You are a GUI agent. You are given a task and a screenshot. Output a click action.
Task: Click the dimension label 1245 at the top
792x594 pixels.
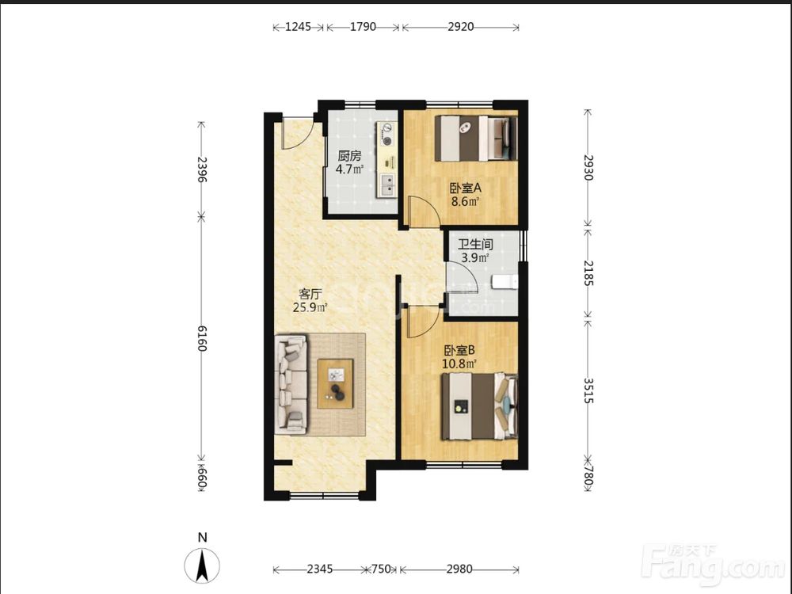298,27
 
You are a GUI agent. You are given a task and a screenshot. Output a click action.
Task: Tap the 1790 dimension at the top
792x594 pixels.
364,27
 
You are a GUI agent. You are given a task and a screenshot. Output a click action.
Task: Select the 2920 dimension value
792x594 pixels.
461,27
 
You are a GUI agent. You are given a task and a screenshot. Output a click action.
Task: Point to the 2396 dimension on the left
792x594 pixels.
201,169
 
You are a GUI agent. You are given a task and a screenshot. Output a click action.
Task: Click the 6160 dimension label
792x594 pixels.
201,338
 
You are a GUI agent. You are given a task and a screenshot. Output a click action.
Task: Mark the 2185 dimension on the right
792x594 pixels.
588,272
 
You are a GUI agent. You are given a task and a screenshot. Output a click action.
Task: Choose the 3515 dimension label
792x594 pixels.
588,390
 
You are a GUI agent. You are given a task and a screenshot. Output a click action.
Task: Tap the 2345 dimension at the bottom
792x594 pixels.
320,569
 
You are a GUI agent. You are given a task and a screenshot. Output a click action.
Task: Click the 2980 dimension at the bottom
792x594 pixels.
459,569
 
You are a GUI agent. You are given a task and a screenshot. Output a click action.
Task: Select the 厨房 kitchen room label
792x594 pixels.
349,155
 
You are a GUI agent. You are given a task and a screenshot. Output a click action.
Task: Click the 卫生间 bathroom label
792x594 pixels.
475,245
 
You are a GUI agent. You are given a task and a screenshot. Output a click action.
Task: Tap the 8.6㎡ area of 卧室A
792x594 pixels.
465,202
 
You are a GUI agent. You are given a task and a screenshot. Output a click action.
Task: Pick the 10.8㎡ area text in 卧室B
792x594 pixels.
459,364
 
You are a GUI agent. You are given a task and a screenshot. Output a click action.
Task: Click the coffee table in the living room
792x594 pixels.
335,383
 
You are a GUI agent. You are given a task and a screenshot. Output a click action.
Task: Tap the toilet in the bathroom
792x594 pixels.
505,282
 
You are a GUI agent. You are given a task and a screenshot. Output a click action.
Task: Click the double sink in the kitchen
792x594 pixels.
388,185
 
